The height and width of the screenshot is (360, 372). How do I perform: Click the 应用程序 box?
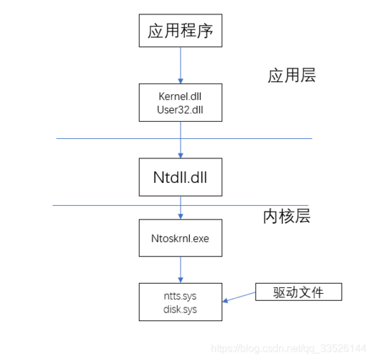click(181, 32)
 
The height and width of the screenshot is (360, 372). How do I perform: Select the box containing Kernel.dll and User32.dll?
click(181, 102)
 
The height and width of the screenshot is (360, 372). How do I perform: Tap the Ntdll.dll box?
click(181, 176)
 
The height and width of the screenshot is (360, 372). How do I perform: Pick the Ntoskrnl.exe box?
click(181, 238)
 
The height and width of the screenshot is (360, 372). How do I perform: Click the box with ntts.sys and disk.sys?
click(181, 303)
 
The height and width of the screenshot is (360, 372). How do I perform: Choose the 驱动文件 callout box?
click(298, 292)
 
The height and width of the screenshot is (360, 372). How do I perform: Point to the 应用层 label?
click(291, 76)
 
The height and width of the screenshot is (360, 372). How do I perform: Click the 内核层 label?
click(286, 216)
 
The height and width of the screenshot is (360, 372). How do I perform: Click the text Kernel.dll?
click(181, 96)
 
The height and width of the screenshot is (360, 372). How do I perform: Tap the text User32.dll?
click(181, 109)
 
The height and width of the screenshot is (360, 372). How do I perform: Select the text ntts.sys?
click(181, 297)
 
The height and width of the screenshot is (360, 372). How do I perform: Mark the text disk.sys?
click(181, 310)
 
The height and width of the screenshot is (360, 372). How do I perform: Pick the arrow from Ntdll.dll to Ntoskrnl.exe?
click(181, 209)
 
